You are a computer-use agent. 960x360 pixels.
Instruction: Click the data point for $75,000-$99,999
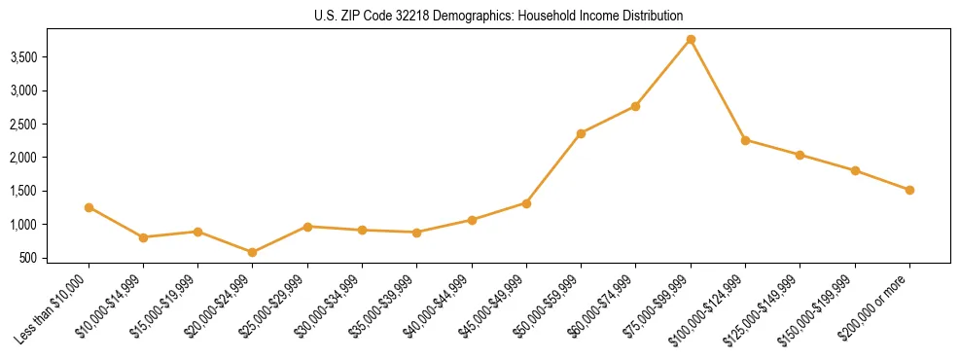pyautogui.click(x=691, y=40)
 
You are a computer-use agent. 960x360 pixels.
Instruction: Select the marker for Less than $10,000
pyautogui.click(x=89, y=207)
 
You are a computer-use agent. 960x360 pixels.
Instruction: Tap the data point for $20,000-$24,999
pyautogui.click(x=253, y=252)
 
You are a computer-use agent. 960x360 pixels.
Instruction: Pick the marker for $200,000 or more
pyautogui.click(x=909, y=190)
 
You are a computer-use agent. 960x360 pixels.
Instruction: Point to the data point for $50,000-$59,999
pyautogui.click(x=581, y=133)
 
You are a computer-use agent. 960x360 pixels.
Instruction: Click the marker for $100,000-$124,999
pyautogui.click(x=745, y=140)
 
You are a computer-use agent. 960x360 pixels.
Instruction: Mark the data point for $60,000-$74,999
pyautogui.click(x=635, y=106)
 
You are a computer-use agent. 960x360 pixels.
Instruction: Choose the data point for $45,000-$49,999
pyautogui.click(x=526, y=203)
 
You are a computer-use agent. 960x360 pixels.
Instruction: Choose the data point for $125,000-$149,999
pyautogui.click(x=800, y=155)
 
